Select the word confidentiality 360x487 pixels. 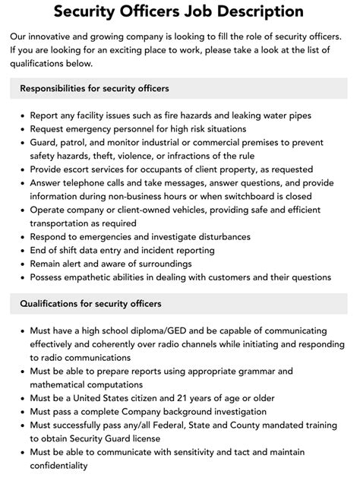(x=62, y=466)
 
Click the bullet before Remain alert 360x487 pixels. (x=21, y=264)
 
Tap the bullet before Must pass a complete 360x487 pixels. (x=21, y=412)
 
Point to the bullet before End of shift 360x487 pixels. (x=21, y=250)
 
